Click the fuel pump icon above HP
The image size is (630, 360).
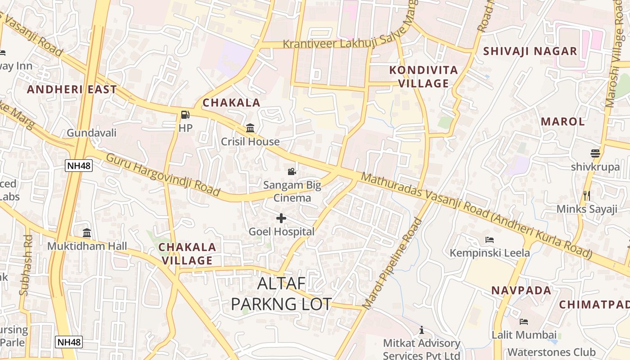pyautogui.click(x=185, y=115)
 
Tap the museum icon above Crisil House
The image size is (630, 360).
pyautogui.click(x=250, y=129)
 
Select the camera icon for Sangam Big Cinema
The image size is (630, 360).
pyautogui.click(x=292, y=171)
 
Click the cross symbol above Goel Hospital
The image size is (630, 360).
pyautogui.click(x=281, y=219)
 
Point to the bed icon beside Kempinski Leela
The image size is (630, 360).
pyautogui.click(x=490, y=240)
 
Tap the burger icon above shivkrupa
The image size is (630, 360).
pyautogui.click(x=595, y=153)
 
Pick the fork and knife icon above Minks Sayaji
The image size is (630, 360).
pyautogui.click(x=586, y=196)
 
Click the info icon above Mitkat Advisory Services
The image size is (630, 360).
pyautogui.click(x=422, y=330)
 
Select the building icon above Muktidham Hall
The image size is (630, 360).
pyautogui.click(x=87, y=233)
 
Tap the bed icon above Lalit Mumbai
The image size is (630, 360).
pyautogui.click(x=524, y=322)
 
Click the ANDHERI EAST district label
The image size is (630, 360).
pyautogui.click(x=72, y=89)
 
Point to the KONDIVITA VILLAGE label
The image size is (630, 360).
pyautogui.click(x=423, y=76)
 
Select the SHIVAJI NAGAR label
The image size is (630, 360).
pyautogui.click(x=530, y=51)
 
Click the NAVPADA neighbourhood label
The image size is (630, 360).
pyautogui.click(x=521, y=290)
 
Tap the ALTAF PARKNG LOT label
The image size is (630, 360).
pyautogui.click(x=281, y=294)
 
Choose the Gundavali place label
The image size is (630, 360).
pyautogui.click(x=92, y=133)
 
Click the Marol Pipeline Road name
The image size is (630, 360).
pyautogui.click(x=393, y=264)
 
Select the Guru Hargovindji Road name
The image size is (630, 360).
pyautogui.click(x=163, y=175)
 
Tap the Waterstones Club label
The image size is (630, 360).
pyautogui.click(x=552, y=352)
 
